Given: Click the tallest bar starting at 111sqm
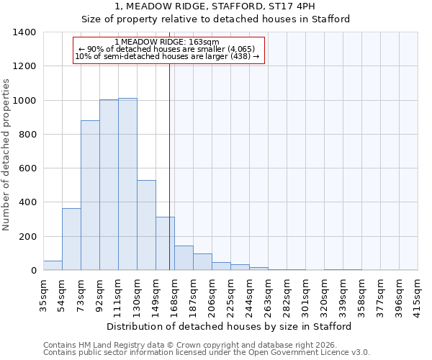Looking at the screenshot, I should coord(127,184).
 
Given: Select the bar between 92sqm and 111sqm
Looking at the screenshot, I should coord(109,185).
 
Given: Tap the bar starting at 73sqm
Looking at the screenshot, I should coord(90,195).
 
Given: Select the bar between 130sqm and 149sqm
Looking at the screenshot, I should coord(146,225).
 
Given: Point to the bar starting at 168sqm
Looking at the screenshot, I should coord(184,258).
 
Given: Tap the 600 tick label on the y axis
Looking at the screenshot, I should coord(27,168).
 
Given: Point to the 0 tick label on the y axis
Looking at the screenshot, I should coord(33,271).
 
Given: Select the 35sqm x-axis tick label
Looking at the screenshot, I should coord(43,294).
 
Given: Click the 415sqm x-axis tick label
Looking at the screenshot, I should coord(418,294).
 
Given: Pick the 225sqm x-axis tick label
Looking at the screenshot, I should coord(230,294).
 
